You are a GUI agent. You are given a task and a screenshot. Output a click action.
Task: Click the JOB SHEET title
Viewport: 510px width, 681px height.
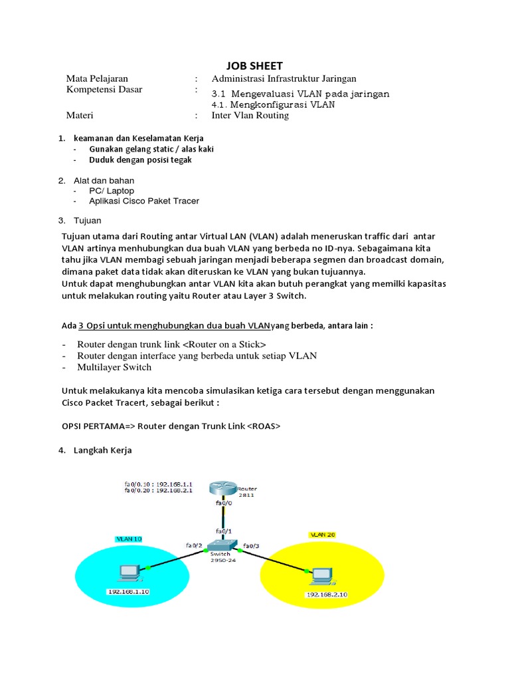tap(254, 65)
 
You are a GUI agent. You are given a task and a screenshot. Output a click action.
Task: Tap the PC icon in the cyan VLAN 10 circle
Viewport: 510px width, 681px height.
tap(127, 571)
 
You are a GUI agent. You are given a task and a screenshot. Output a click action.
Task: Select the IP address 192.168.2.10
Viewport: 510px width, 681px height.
tap(325, 595)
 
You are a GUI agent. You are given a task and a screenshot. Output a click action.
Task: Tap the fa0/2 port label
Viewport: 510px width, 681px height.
tap(194, 545)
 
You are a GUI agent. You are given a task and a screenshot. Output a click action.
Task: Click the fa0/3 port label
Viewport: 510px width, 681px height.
tap(252, 545)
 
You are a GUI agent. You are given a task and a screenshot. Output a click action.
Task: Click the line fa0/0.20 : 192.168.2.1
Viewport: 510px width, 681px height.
tap(158, 490)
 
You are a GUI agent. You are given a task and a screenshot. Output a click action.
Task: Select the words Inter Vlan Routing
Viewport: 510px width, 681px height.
tap(250, 115)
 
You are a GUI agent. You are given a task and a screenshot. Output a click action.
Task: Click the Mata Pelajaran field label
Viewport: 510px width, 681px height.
tap(97, 78)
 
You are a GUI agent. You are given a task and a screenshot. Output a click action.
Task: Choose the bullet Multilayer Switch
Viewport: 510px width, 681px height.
tap(114, 367)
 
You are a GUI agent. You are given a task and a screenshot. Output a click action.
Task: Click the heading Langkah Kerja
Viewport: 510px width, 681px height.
tap(103, 450)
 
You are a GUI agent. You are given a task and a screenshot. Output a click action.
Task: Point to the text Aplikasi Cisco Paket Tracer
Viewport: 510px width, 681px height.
tap(144, 201)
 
